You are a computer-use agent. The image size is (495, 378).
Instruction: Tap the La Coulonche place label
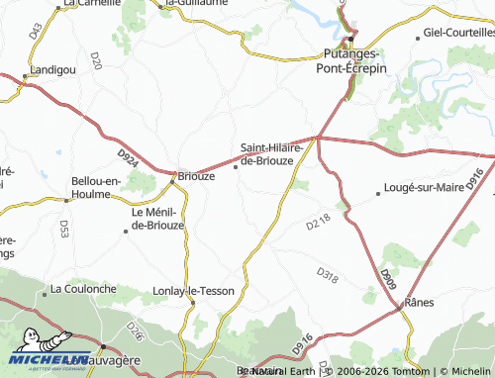click(x=83, y=290)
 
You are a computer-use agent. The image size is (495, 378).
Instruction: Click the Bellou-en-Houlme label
click(x=96, y=187)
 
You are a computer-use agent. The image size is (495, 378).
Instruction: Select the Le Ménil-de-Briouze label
click(x=157, y=218)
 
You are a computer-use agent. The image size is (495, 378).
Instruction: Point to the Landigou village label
click(x=52, y=71)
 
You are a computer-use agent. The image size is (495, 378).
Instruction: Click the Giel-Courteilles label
click(x=458, y=33)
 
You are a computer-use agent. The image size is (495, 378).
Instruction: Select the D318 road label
click(x=328, y=274)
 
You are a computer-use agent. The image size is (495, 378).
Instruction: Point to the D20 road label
click(x=95, y=64)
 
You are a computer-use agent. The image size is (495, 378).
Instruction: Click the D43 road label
click(x=36, y=31)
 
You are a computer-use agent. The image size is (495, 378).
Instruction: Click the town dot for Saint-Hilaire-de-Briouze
click(x=236, y=167)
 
